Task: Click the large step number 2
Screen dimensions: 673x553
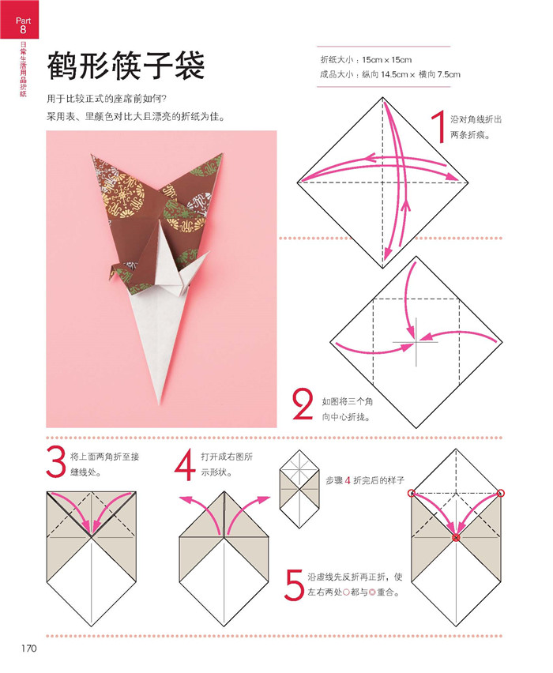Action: pos(303,404)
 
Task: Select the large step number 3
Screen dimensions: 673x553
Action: pos(55,463)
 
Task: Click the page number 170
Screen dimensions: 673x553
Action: pos(29,649)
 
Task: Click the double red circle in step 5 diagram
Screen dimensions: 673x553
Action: pos(456,538)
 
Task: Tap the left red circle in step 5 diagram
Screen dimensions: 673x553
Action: pos(412,494)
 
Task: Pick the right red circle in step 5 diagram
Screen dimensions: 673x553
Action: pos(501,494)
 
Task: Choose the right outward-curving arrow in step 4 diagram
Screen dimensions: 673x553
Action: pos(253,506)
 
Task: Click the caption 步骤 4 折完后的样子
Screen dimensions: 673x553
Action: pos(365,481)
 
